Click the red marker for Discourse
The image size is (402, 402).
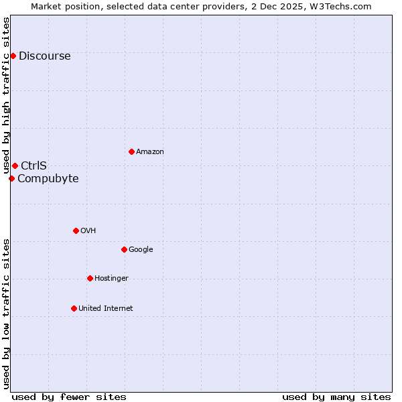click(13, 56)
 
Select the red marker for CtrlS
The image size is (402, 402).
click(15, 165)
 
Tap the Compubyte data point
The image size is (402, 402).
click(11, 178)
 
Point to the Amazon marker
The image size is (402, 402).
click(131, 151)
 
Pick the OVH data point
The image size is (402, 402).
click(76, 230)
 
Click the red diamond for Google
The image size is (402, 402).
click(124, 249)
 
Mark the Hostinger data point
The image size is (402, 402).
click(90, 278)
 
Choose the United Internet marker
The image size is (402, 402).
click(74, 308)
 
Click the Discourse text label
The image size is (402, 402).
click(44, 56)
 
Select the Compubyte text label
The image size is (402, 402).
click(48, 178)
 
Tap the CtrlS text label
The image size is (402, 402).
click(33, 165)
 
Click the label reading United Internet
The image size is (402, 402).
click(105, 308)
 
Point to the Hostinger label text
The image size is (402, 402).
click(111, 278)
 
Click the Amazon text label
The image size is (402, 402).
click(149, 151)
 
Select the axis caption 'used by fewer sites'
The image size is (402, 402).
click(69, 397)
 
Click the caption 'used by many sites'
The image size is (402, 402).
click(336, 397)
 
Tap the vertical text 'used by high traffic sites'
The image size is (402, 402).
click(6, 96)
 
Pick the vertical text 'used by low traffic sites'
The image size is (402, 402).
click(6, 313)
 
